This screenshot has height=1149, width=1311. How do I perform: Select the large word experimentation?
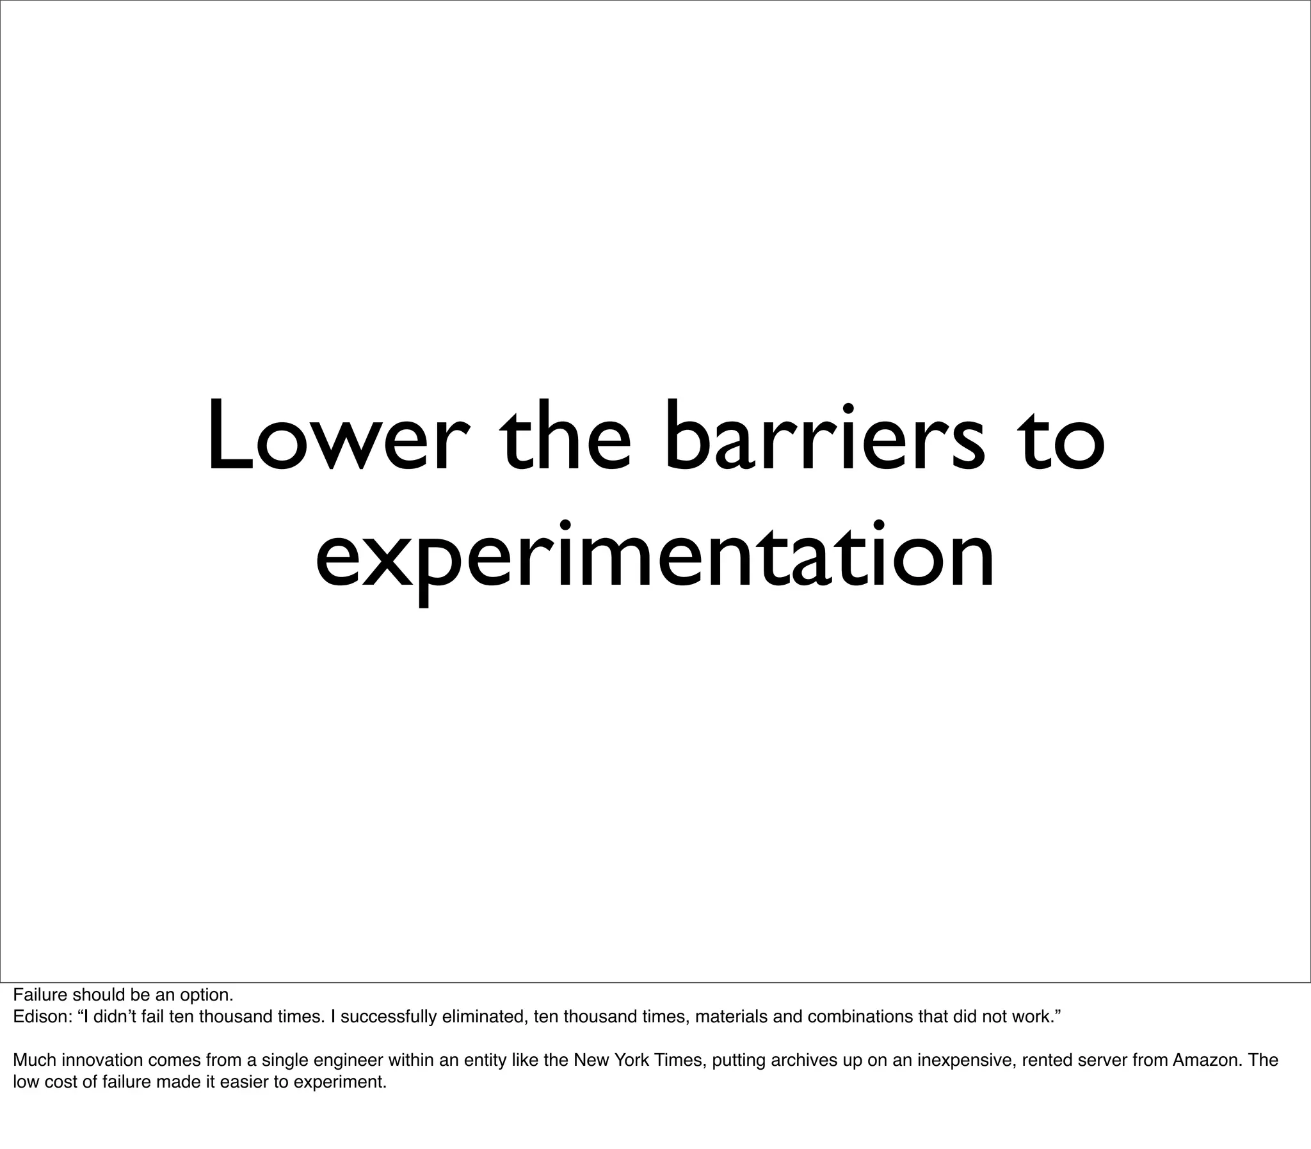point(655,555)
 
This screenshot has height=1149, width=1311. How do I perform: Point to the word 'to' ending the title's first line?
point(1062,436)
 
